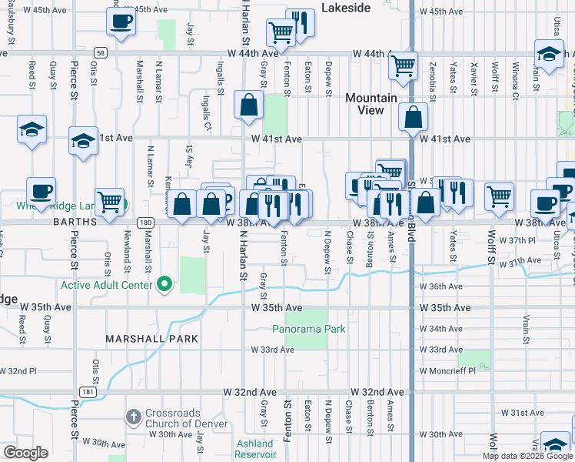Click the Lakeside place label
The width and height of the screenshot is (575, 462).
pyautogui.click(x=345, y=8)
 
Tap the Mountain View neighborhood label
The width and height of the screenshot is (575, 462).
pyautogui.click(x=371, y=104)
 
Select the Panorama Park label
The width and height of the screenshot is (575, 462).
pyautogui.click(x=308, y=329)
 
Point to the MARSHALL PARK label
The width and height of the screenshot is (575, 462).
pyautogui.click(x=152, y=339)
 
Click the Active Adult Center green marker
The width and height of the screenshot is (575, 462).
pyautogui.click(x=164, y=285)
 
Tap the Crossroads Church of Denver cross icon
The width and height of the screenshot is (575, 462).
pyautogui.click(x=133, y=417)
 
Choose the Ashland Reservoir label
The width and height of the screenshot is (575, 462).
pyautogui.click(x=254, y=449)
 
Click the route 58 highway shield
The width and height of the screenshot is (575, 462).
pyautogui.click(x=101, y=52)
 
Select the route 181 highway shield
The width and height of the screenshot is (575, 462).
pyautogui.click(x=91, y=392)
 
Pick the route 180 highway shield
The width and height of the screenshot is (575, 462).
pyautogui.click(x=145, y=222)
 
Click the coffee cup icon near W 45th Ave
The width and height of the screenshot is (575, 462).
pyautogui.click(x=120, y=23)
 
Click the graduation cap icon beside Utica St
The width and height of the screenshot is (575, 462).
pyautogui.click(x=549, y=55)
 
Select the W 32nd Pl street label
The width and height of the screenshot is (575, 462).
pyautogui.click(x=16, y=370)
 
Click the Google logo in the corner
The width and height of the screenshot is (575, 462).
pyautogui.click(x=25, y=453)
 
